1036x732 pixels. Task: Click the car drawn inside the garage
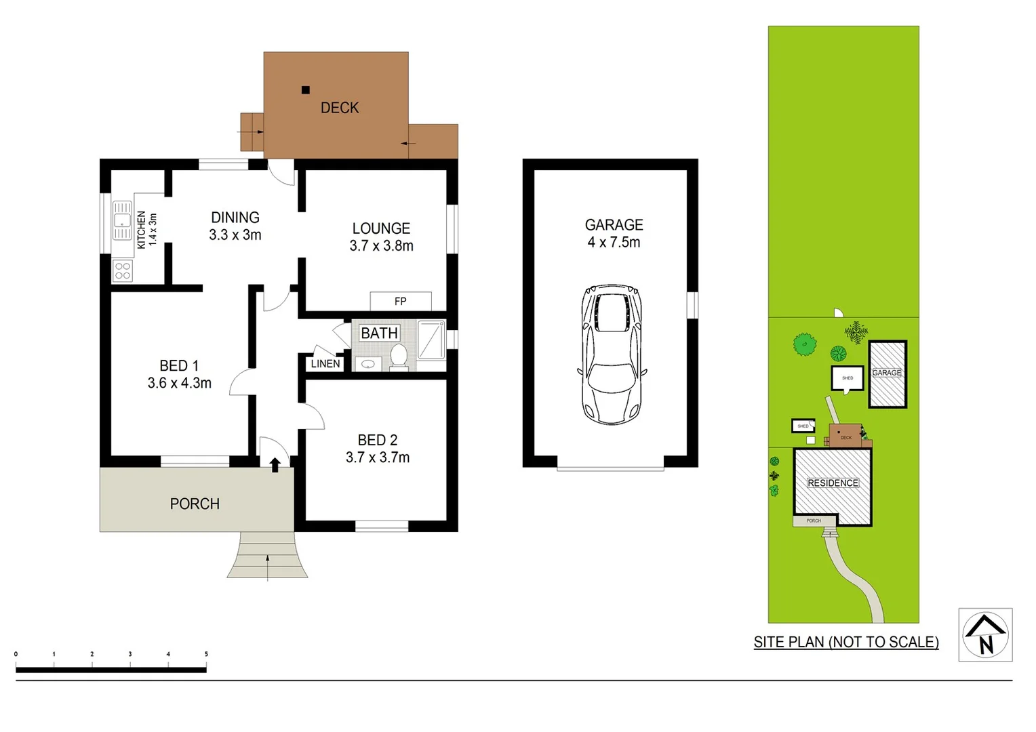(611, 354)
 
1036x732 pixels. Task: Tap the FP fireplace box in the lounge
(401, 301)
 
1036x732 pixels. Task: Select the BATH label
(379, 333)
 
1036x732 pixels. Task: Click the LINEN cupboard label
(325, 364)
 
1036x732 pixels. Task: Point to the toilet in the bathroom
(399, 357)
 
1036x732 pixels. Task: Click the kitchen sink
(122, 220)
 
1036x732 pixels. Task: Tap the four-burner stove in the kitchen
(123, 271)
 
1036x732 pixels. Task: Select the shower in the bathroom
(431, 340)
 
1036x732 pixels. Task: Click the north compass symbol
(985, 634)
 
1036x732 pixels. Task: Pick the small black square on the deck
(306, 90)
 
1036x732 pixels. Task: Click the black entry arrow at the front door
(275, 464)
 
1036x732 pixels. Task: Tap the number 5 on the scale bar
(206, 654)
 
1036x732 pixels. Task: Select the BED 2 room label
(378, 448)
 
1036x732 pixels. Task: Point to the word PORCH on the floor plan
(195, 504)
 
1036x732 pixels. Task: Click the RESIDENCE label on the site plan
(833, 483)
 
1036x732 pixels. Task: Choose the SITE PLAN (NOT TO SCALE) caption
(846, 642)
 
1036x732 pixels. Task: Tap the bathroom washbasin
(368, 364)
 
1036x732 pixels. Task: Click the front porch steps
(267, 555)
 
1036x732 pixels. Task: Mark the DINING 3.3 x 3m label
(235, 226)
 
